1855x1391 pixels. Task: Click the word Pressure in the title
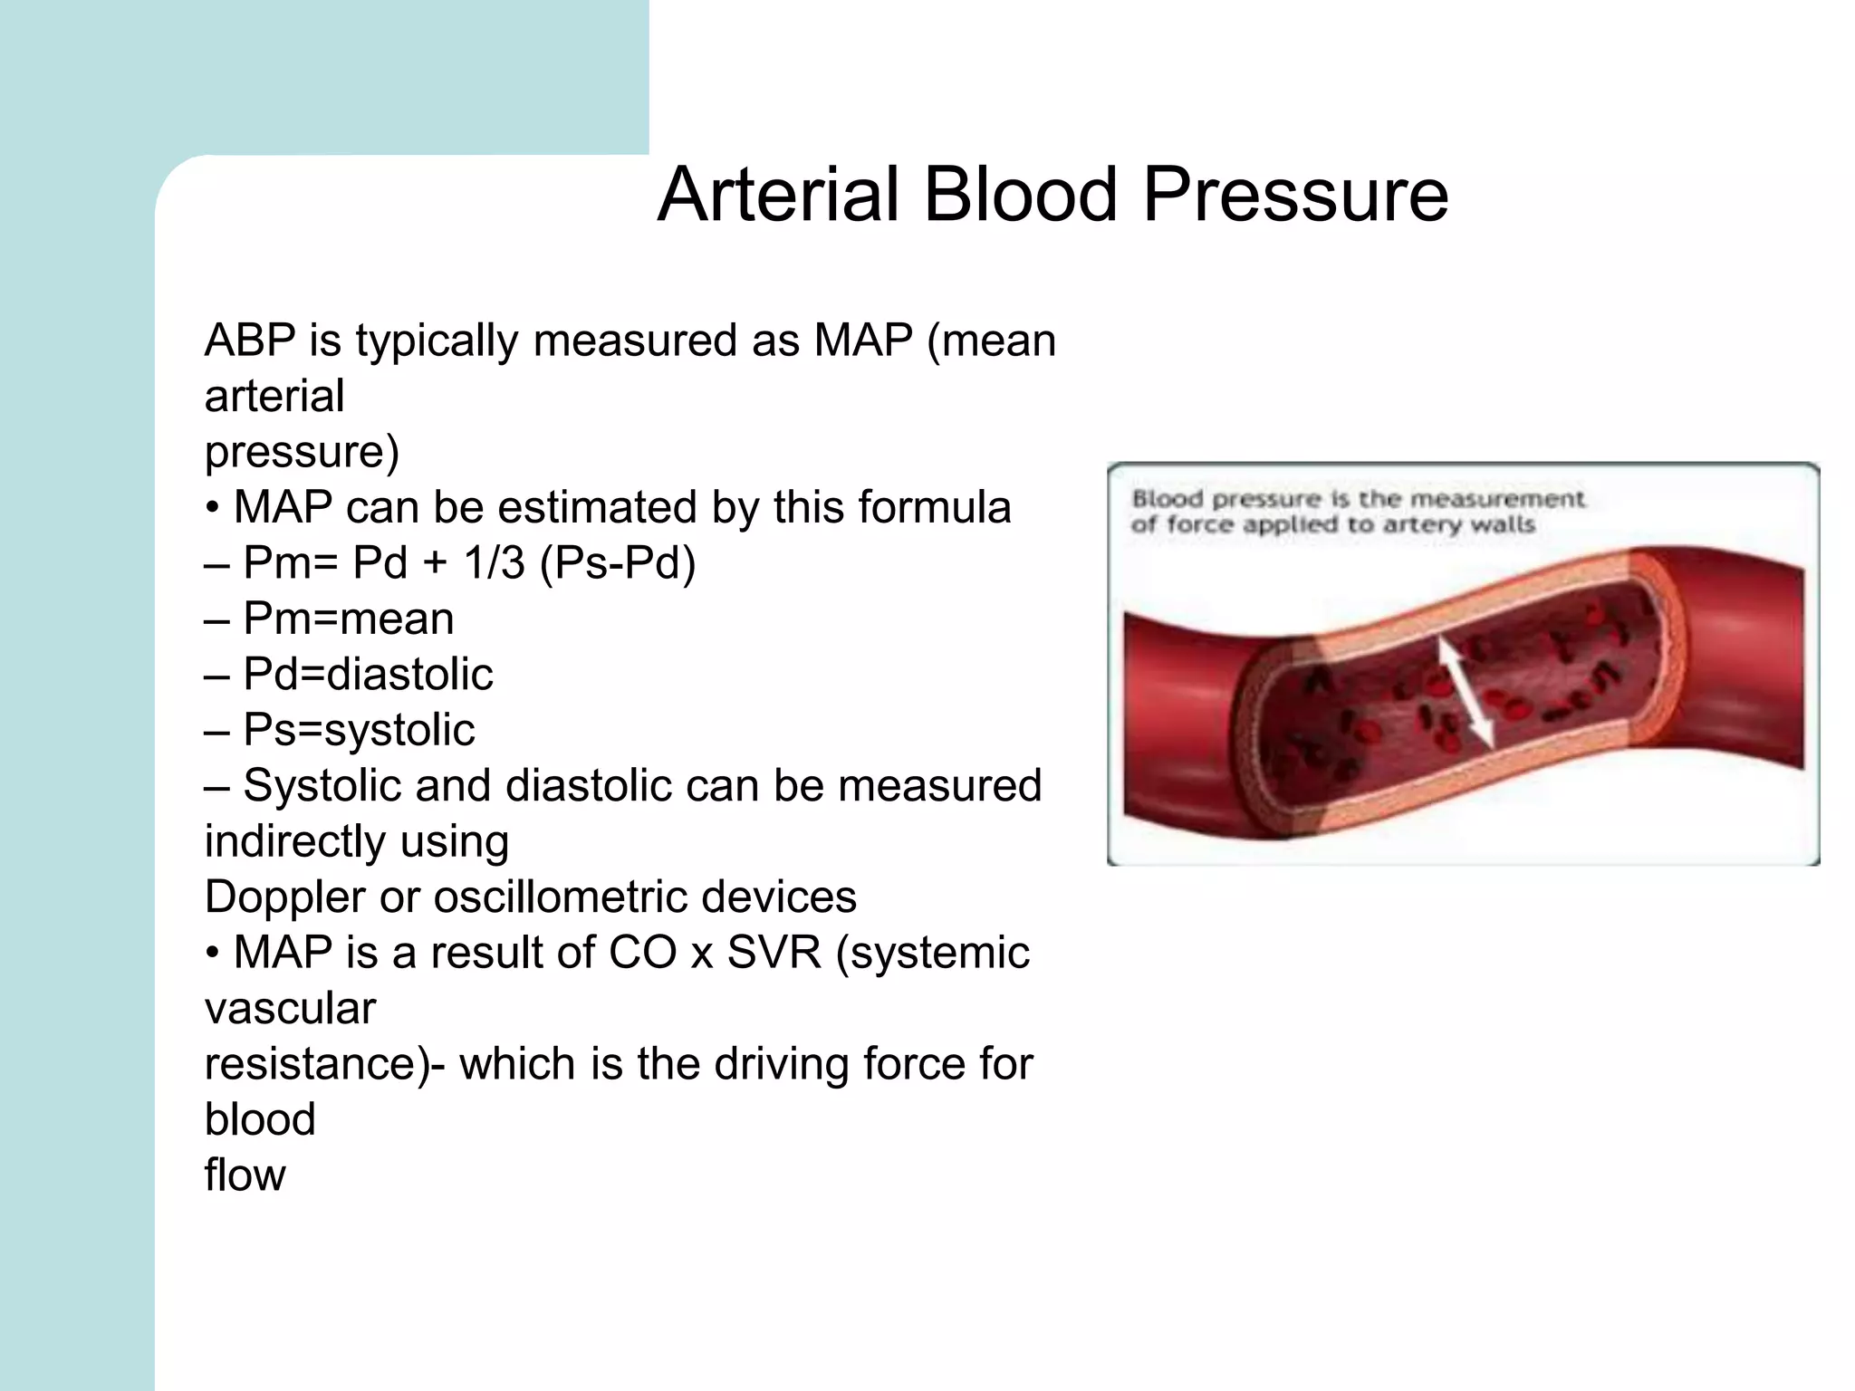(1295, 195)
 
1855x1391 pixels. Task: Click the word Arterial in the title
(778, 195)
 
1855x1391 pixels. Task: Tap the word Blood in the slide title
(1020, 195)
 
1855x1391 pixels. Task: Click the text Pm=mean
(348, 619)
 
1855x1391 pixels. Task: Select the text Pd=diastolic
(368, 675)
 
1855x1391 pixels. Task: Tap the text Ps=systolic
(359, 731)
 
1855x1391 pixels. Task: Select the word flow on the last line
(245, 1175)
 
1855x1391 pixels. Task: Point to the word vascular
(290, 1009)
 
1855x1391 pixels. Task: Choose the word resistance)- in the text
(324, 1064)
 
